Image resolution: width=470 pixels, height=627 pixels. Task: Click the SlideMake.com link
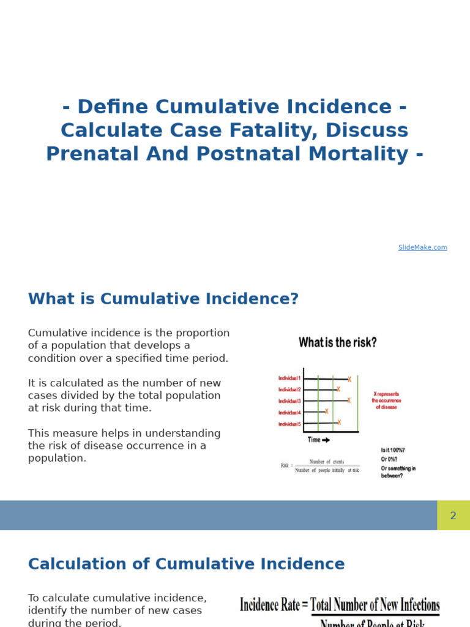(422, 247)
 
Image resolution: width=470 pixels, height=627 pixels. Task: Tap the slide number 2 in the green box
(453, 516)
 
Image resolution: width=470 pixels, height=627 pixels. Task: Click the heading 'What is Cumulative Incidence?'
(163, 299)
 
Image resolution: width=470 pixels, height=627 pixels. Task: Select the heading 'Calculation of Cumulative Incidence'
(186, 564)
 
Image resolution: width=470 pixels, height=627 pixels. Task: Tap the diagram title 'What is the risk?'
(338, 343)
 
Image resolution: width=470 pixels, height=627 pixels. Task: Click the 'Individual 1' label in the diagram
(289, 378)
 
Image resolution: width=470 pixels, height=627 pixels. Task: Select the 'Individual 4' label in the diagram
(289, 413)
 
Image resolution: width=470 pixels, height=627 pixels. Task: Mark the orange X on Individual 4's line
(327, 411)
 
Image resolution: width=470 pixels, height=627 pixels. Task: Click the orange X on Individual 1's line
(349, 379)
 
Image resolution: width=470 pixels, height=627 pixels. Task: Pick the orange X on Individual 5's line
(338, 422)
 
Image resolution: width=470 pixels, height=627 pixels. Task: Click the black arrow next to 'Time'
(326, 440)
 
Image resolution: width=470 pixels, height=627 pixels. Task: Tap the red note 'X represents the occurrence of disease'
(386, 400)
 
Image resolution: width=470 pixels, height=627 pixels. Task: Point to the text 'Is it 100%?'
(393, 450)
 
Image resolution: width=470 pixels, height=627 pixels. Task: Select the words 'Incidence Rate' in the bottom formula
(270, 605)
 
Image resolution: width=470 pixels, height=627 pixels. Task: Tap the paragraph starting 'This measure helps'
(124, 446)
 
